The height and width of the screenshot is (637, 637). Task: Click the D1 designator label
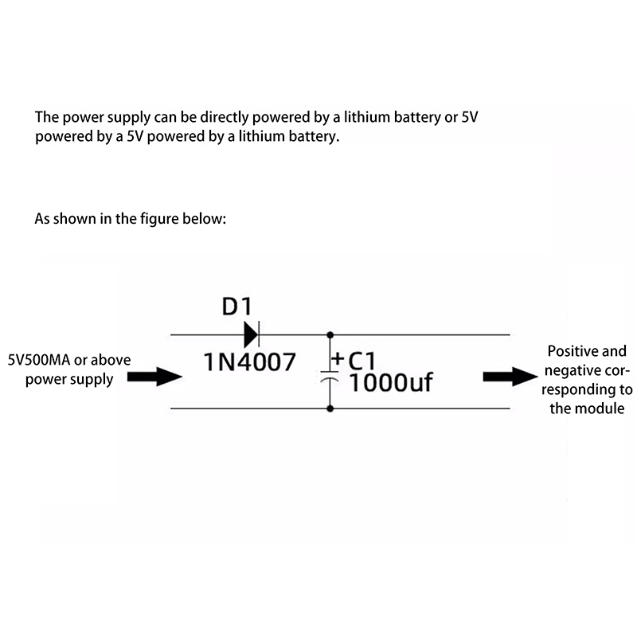(x=236, y=307)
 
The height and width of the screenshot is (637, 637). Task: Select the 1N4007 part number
(x=250, y=362)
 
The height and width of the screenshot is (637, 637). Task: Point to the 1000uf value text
(x=391, y=384)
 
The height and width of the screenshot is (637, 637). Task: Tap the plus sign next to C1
(x=338, y=360)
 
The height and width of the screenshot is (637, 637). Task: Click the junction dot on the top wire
(x=330, y=334)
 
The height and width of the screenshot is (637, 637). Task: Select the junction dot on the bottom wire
(x=330, y=409)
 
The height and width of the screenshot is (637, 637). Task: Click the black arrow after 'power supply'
(x=166, y=376)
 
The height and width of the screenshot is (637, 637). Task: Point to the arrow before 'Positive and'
(x=508, y=376)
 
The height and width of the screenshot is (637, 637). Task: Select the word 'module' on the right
(x=604, y=409)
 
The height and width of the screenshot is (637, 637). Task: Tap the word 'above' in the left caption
(x=113, y=360)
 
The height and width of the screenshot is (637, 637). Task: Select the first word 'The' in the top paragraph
(x=46, y=117)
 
